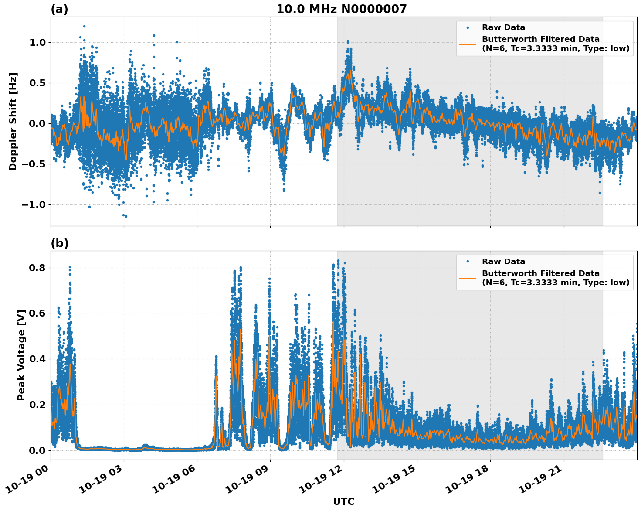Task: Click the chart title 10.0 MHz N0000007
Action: coord(341,9)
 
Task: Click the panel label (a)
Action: coord(59,9)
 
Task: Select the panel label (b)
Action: coord(59,243)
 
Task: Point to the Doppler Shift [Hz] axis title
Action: coord(13,121)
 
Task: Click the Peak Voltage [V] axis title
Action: coord(21,355)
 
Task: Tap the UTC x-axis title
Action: coord(343,501)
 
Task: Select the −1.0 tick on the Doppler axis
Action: coord(34,204)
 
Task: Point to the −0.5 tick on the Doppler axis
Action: coord(34,164)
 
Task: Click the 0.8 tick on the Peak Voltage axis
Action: coord(37,268)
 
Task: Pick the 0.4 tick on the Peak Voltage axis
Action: coord(37,359)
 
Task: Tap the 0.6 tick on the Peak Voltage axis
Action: coord(37,313)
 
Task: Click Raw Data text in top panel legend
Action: coord(503,27)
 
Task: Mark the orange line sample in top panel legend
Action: coord(467,44)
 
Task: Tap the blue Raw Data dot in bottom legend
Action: coord(467,262)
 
